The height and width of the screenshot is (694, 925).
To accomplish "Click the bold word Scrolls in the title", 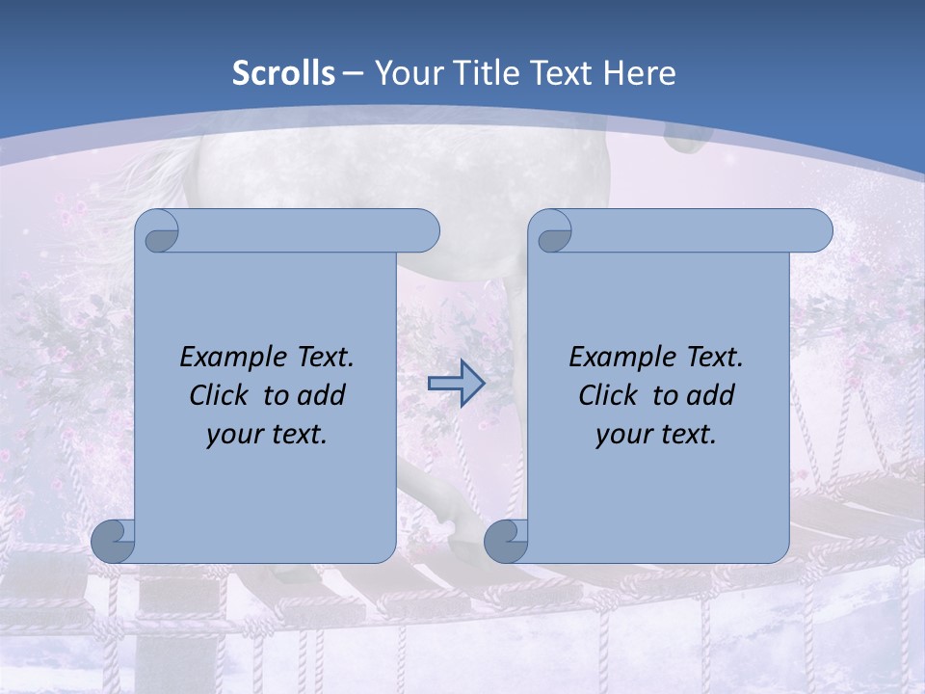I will pos(284,73).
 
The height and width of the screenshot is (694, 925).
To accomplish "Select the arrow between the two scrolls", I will pos(456,384).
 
